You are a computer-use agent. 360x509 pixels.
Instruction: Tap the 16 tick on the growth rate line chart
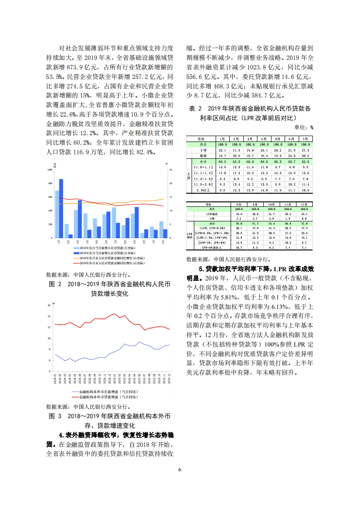49,305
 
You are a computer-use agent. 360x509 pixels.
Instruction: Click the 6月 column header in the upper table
291,138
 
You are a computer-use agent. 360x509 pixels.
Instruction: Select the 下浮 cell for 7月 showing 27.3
306,150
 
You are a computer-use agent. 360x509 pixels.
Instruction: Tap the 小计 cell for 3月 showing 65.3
250,162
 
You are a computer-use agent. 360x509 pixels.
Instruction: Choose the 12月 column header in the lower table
304,205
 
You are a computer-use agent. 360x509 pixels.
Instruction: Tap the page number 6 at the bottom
180,470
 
